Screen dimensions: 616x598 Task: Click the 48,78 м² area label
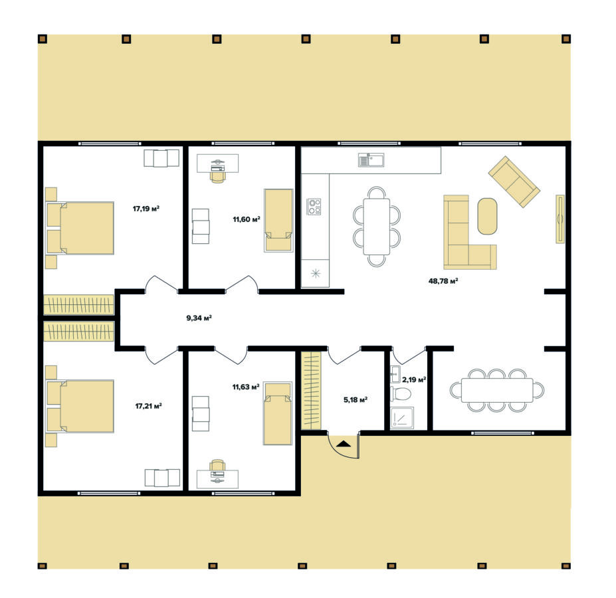(x=443, y=281)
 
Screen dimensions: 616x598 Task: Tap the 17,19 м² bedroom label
(x=146, y=209)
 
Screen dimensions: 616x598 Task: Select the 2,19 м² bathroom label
(x=414, y=379)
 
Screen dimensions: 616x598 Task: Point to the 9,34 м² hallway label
(x=199, y=318)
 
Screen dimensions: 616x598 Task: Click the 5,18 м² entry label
(x=356, y=399)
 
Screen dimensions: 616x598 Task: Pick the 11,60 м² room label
(x=247, y=219)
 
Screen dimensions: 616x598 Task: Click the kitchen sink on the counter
(x=371, y=160)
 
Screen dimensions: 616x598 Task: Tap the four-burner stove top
(x=314, y=206)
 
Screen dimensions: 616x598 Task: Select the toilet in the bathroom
(x=400, y=393)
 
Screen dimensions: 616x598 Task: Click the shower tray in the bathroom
(x=402, y=418)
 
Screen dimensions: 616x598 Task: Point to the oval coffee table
(x=487, y=217)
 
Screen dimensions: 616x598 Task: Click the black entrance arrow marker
(x=344, y=444)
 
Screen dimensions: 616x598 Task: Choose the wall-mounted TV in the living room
(x=560, y=219)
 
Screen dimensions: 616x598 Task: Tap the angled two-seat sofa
(x=514, y=181)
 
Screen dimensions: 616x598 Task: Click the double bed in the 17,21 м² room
(x=80, y=406)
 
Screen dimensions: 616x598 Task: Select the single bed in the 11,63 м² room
(x=278, y=413)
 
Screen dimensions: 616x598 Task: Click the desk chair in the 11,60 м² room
(x=218, y=177)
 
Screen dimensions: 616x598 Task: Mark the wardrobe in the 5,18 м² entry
(x=311, y=391)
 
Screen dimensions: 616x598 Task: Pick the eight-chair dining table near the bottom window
(x=497, y=390)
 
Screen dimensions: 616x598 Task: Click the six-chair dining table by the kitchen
(x=377, y=227)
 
